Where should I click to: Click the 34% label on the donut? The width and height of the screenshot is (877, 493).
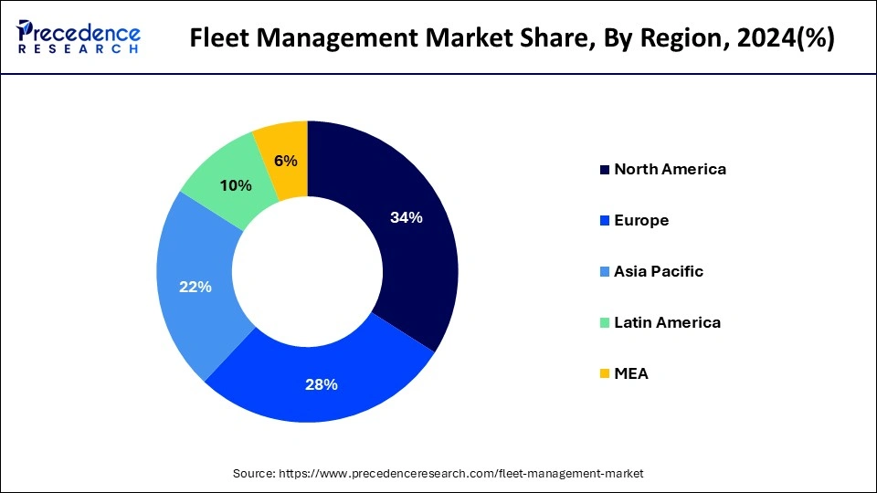(406, 217)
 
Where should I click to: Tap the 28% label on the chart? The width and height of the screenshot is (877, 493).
(321, 384)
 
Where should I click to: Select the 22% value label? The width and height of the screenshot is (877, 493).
(195, 287)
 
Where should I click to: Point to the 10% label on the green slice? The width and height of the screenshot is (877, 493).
(236, 185)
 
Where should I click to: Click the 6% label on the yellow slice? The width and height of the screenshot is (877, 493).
(285, 161)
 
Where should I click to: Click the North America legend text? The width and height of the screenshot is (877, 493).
(670, 169)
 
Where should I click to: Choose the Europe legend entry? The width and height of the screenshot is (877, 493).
(641, 220)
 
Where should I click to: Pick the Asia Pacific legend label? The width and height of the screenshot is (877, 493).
(659, 271)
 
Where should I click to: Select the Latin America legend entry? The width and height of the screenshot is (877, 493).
(667, 322)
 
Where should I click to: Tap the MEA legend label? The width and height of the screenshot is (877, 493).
(631, 373)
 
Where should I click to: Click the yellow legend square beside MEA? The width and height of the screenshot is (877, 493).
(604, 374)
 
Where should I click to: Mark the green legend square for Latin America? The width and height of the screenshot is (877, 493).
(604, 323)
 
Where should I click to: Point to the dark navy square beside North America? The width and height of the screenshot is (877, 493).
(604, 170)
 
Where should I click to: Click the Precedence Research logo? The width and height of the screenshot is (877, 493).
(79, 37)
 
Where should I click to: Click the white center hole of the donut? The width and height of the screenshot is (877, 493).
(307, 271)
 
